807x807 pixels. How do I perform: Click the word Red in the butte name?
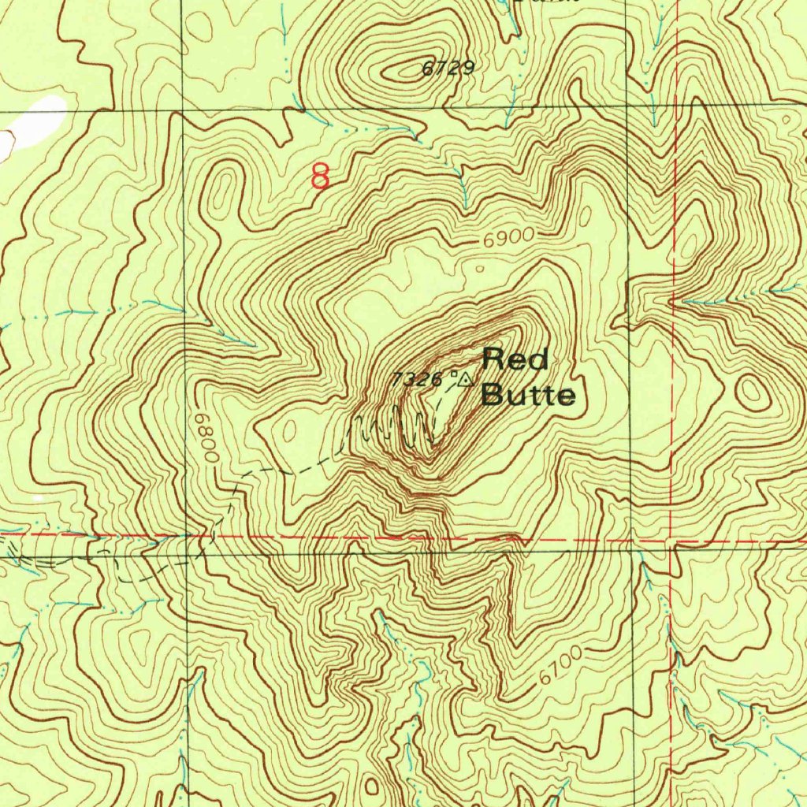515,359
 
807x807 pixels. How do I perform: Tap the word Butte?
527,394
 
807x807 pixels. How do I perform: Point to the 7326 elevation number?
417,379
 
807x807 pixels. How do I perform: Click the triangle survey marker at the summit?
465,380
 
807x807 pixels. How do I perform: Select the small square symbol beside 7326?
453,375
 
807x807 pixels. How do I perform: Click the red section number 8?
320,176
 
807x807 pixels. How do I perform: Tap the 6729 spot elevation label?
448,69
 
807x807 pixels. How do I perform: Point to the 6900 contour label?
505,237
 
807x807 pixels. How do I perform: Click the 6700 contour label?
561,665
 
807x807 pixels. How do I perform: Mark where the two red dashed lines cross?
671,541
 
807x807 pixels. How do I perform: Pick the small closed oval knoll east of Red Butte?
753,392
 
